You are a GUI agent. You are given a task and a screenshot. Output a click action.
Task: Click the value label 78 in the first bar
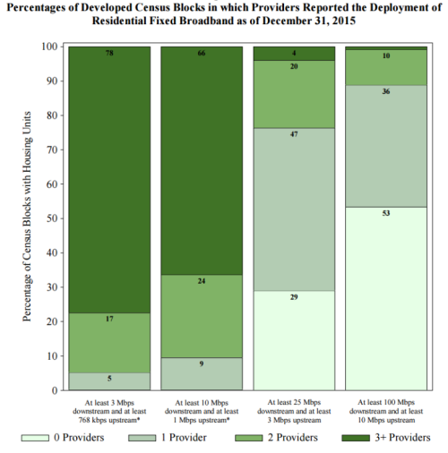109,53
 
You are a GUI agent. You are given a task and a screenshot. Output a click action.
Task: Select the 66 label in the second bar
202,53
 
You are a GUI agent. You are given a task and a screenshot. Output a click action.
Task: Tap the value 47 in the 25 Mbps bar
294,134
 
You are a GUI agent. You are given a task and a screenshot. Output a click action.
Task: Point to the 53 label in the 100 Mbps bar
386,213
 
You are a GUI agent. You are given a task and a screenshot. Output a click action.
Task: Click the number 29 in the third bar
294,297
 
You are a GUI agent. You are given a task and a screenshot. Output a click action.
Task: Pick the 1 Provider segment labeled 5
109,381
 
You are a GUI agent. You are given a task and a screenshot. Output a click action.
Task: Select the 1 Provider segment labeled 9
202,373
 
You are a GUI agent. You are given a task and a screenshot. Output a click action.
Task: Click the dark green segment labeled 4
294,54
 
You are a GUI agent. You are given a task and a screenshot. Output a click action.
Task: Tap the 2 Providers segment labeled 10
386,67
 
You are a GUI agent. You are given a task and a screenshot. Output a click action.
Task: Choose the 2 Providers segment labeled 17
109,343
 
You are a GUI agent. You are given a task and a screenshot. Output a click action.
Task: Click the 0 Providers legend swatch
35,438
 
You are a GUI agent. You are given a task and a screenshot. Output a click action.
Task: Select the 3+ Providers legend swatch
356,438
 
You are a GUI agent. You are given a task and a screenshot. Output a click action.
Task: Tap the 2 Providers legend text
293,438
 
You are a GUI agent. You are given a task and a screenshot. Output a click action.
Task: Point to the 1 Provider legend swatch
142,438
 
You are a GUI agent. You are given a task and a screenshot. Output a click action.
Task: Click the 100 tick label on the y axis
49,47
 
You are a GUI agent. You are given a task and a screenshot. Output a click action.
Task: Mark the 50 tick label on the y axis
52,218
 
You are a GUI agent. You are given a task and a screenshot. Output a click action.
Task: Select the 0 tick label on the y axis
55,390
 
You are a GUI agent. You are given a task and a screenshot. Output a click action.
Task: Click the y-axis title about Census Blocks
27,217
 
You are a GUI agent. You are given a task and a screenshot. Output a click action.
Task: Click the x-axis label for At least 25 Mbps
294,411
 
